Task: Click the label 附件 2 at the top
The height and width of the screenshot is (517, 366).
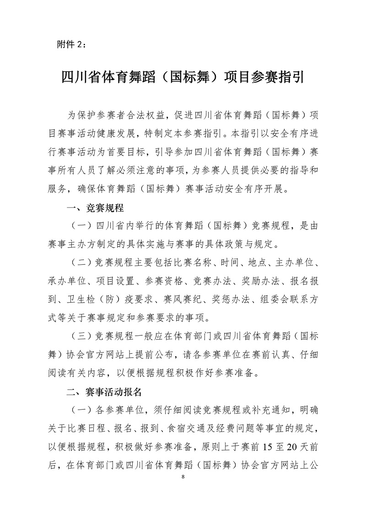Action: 69,44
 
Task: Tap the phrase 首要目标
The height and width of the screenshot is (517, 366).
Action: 118,151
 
